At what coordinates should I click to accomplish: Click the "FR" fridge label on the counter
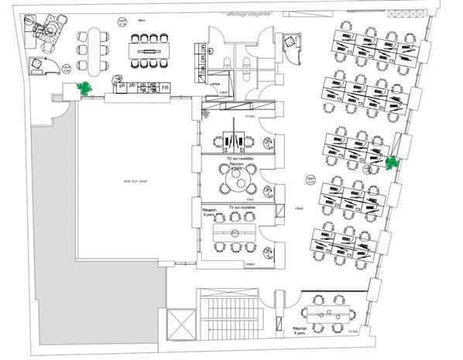click(165, 88)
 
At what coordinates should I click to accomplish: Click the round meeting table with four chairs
click(235, 184)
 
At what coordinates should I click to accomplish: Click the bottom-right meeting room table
click(330, 314)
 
